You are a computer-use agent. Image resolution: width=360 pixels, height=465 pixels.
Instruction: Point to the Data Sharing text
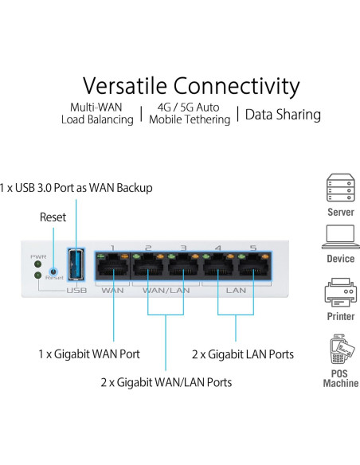point(283,114)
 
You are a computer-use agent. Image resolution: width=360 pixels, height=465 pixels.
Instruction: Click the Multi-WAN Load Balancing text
point(97,114)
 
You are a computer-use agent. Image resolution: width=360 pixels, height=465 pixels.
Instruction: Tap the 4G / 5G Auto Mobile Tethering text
point(189,114)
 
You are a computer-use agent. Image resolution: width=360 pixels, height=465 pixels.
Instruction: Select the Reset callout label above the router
point(53,217)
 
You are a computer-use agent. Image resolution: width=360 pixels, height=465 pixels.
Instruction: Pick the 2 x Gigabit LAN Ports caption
point(243,354)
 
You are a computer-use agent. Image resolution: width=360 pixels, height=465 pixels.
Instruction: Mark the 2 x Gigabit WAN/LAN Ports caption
point(166,382)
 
